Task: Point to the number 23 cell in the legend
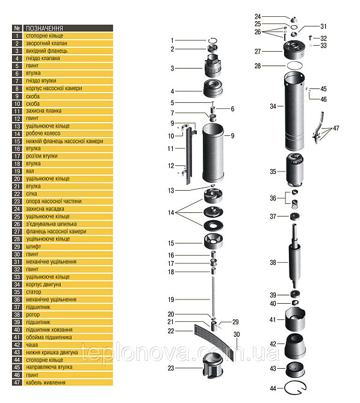click(x=17, y=202)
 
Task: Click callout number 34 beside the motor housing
click(x=273, y=106)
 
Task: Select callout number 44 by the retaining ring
click(x=273, y=389)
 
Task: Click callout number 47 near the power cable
click(x=336, y=128)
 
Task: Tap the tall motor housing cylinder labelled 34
click(x=296, y=111)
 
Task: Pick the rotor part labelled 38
click(x=296, y=263)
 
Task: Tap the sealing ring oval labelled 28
click(x=295, y=65)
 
